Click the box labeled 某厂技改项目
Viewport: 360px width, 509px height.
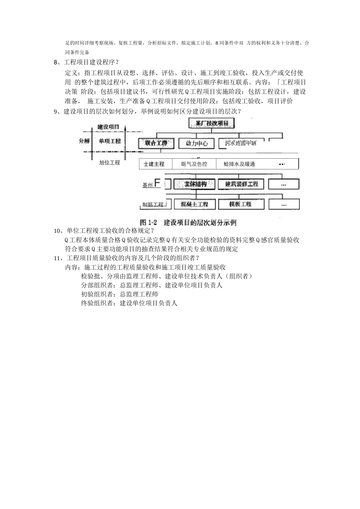[x=211, y=123]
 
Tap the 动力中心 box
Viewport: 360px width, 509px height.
[x=197, y=144]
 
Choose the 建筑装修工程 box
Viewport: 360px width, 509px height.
[x=241, y=184]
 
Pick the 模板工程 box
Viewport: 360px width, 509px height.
[x=240, y=204]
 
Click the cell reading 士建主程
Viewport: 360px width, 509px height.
[x=154, y=164]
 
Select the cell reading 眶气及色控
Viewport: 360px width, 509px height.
[x=194, y=164]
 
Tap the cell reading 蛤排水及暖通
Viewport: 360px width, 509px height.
[x=239, y=164]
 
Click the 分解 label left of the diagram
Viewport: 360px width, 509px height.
[x=85, y=141]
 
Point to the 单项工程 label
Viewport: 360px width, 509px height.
[x=110, y=141]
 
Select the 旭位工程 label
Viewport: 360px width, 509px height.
[x=110, y=162]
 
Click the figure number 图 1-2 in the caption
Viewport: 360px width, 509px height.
[x=149, y=222]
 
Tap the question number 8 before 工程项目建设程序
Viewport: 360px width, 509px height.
[x=56, y=62]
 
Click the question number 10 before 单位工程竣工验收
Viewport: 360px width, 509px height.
[x=57, y=231]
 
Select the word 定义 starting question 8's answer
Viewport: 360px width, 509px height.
[x=72, y=73]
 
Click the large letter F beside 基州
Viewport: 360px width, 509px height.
[x=158, y=184]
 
